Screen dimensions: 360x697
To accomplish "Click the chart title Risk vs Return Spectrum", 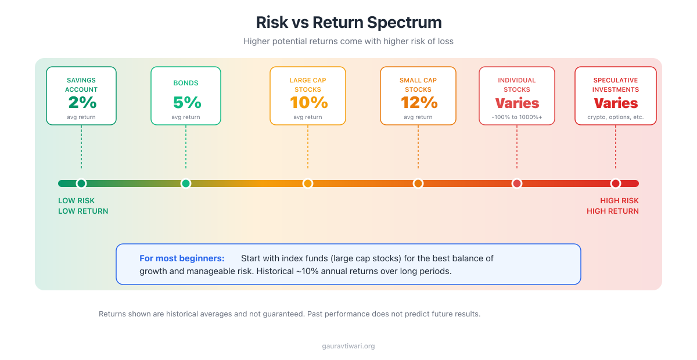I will point(348,23).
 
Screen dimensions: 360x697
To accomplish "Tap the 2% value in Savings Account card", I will point(81,103).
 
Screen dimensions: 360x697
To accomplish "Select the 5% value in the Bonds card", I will point(186,103).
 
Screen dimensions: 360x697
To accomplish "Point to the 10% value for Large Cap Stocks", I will point(308,103).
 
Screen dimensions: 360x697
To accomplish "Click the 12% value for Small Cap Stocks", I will point(418,103).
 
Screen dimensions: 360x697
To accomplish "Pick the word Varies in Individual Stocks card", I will point(517,103).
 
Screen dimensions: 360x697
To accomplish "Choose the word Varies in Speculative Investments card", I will point(616,103).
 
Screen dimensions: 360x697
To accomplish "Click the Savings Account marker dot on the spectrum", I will point(81,183).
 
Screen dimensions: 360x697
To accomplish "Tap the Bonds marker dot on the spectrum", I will point(186,183).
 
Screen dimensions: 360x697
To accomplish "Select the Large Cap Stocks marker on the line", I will point(308,183).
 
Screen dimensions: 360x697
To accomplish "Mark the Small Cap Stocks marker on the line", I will point(418,183).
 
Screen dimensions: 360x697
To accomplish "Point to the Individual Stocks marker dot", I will point(517,183).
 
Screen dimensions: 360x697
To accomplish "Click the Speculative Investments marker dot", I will point(616,183).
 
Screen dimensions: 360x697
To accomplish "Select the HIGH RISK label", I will point(619,201).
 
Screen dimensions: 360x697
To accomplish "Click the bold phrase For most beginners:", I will point(182,258).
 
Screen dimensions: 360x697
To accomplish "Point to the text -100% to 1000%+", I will point(517,117).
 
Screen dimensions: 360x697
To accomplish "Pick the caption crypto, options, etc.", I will point(616,117).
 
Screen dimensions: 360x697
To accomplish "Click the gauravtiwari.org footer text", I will point(348,346).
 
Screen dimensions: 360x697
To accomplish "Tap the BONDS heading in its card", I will point(186,84).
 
